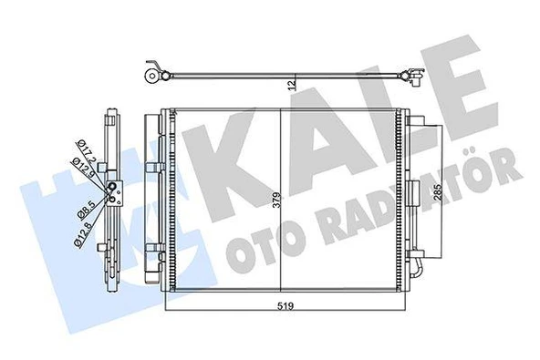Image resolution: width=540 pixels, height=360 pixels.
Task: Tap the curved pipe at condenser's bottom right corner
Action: pos(416,271)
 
